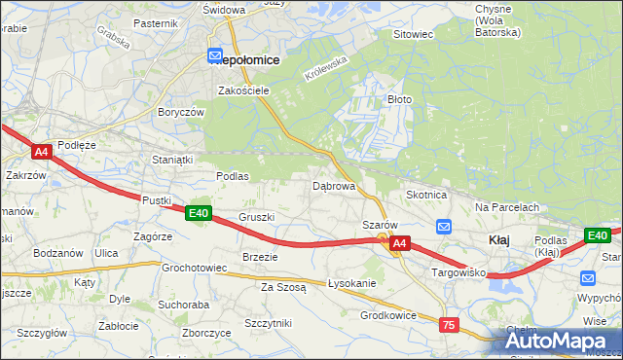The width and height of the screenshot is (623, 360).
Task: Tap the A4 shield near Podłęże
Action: tap(41, 152)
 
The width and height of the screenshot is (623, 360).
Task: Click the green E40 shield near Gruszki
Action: tap(199, 213)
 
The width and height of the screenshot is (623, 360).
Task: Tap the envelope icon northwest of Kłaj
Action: tap(443, 227)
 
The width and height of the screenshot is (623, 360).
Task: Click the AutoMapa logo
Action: tap(559, 341)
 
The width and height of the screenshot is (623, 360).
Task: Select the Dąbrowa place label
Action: tap(332, 185)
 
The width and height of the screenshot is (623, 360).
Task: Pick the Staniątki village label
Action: tap(173, 159)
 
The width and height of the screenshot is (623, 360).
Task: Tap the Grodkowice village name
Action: tap(388, 315)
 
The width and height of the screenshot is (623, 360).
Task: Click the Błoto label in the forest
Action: tap(400, 99)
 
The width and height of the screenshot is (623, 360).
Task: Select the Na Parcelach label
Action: tap(507, 207)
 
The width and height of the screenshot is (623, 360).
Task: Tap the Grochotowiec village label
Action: tap(194, 267)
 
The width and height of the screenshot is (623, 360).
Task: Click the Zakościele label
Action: tap(243, 90)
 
